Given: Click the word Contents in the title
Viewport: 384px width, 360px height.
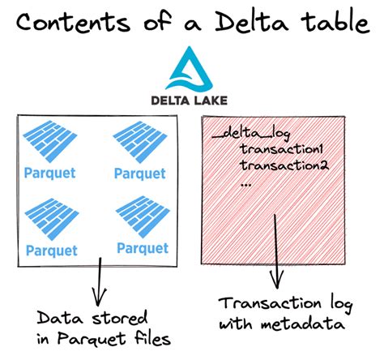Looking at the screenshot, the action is coord(73,23).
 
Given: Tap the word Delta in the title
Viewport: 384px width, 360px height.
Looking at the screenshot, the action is coord(252,21).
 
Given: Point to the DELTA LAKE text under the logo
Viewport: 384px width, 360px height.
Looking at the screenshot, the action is coord(189,101).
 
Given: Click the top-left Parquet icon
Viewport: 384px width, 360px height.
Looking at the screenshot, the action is coord(50,141).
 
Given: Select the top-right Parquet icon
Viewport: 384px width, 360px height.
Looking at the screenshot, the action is coord(140,142).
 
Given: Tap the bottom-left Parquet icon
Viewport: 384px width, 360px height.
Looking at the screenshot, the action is coord(52,219).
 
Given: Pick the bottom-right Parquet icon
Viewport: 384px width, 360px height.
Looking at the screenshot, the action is coord(143,216).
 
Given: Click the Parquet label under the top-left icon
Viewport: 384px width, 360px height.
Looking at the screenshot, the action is coord(50,174).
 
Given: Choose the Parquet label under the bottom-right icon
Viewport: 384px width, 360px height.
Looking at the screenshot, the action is coord(143,248).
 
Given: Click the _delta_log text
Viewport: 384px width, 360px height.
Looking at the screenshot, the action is coord(251,134).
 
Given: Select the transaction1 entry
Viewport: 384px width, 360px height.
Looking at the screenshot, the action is coord(281,149).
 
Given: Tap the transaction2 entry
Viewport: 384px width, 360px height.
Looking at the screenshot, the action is coord(284,165).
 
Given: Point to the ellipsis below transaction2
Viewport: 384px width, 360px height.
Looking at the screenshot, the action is coord(245,185).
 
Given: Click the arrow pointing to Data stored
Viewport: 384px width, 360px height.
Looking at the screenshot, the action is coord(100,281).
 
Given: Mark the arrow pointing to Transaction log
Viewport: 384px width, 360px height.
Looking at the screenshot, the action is coord(276,251).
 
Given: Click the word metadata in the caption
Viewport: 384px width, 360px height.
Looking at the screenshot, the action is coord(303,324).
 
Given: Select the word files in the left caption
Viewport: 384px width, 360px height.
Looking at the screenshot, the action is coord(152,338).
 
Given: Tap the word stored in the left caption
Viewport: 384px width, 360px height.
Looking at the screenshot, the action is coord(120,318).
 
